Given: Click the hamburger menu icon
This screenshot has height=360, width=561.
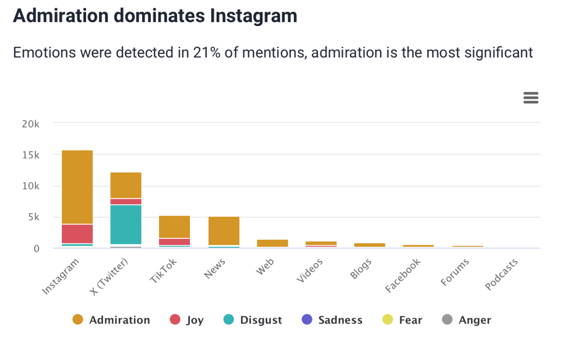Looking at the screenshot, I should (x=530, y=98).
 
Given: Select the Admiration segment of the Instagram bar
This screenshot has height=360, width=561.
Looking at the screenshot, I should (x=77, y=187).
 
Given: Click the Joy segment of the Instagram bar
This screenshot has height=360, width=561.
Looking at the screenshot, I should (x=77, y=233).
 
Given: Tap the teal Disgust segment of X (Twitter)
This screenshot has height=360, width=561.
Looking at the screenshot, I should (x=125, y=224).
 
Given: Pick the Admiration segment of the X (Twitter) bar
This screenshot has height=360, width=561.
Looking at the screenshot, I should (x=125, y=185).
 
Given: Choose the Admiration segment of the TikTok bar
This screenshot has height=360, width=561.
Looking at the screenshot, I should (x=174, y=227).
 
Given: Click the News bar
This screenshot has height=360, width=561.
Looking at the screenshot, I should (x=224, y=230).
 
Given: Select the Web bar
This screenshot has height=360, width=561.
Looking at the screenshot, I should (x=272, y=243).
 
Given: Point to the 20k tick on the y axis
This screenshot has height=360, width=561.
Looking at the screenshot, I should (x=31, y=124).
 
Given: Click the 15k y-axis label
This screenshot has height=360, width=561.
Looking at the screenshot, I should (x=31, y=155).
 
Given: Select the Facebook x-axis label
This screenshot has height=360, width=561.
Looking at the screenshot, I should (x=403, y=275).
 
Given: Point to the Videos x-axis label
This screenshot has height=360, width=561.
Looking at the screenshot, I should (x=310, y=270).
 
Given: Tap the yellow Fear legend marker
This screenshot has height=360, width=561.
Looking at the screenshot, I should (x=388, y=320).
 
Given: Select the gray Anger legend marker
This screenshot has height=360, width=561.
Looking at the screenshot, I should (x=447, y=320).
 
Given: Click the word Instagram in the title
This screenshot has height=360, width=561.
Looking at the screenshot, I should (x=253, y=16).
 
